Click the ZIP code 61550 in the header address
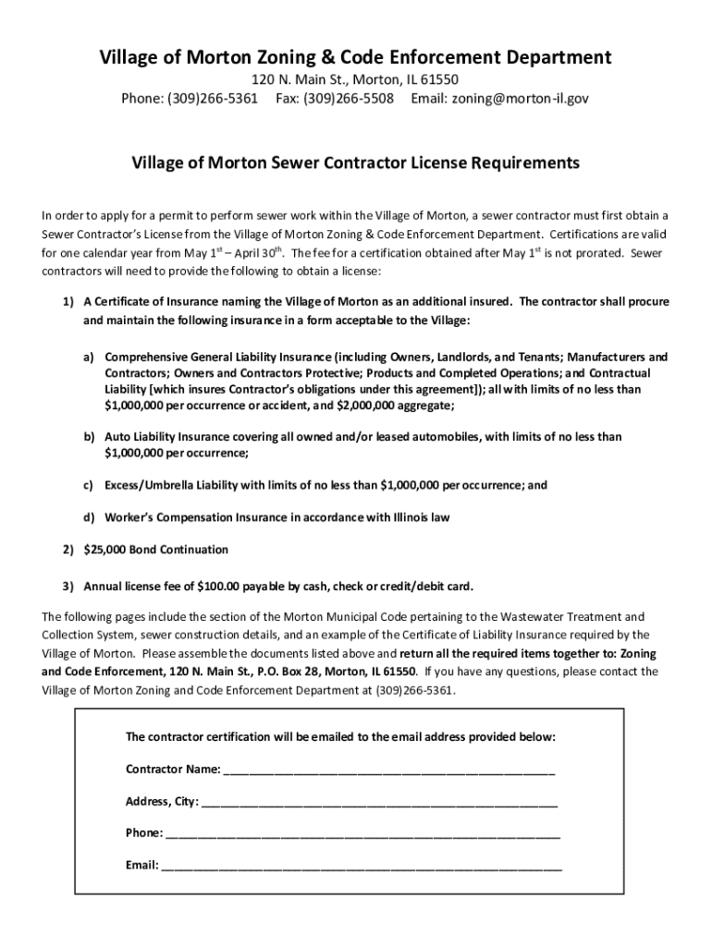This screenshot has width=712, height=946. [438, 80]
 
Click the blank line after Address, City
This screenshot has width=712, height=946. [379, 802]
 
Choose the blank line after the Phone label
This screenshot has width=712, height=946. [362, 833]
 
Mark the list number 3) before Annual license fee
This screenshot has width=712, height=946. [68, 586]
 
